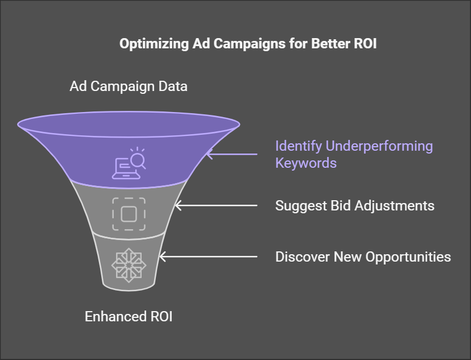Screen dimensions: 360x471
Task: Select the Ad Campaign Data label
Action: click(x=129, y=86)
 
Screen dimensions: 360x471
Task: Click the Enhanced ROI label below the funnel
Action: click(x=129, y=316)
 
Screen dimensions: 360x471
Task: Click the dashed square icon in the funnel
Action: click(x=129, y=214)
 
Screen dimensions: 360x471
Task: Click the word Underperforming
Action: click(x=379, y=146)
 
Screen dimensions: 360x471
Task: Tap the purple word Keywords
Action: click(x=305, y=163)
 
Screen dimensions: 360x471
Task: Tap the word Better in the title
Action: click(x=330, y=44)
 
